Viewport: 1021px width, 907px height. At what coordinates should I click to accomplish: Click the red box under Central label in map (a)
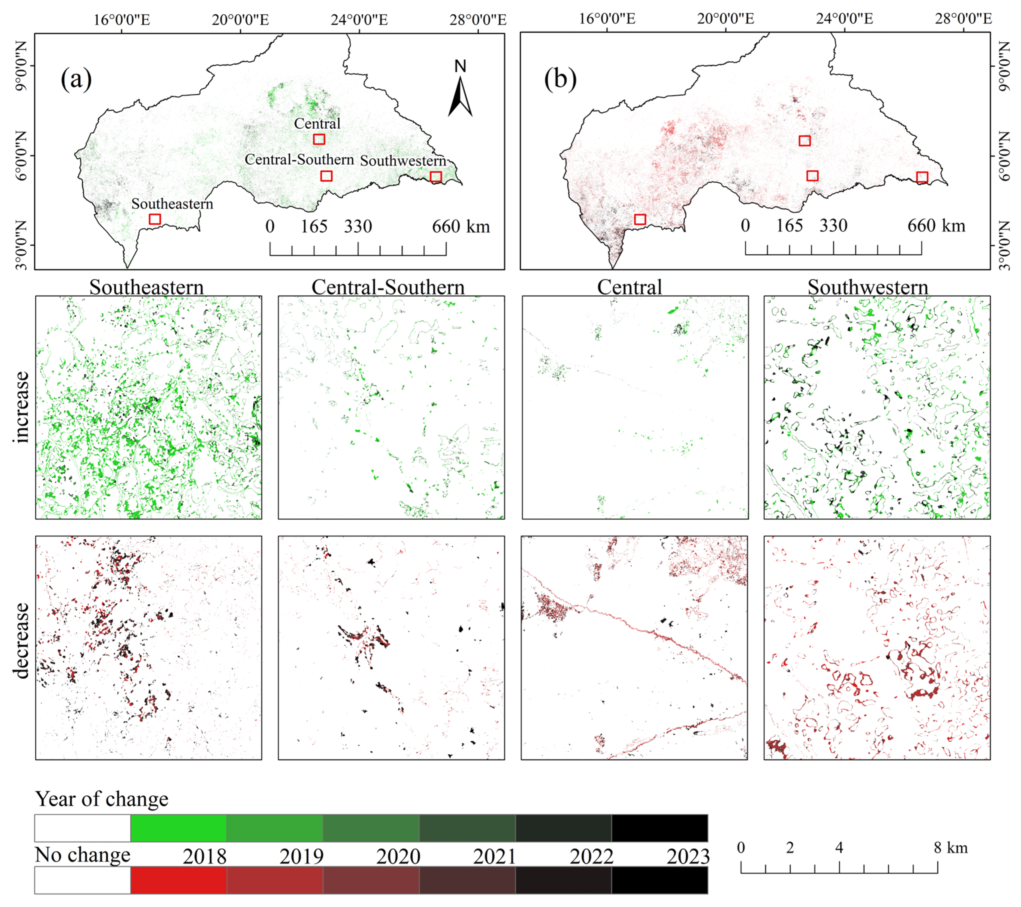pos(319,139)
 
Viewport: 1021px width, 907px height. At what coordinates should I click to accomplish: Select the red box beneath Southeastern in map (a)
pos(155,219)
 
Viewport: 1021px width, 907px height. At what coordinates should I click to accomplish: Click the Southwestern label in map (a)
pos(403,161)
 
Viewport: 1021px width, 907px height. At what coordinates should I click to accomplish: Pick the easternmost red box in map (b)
pos(922,177)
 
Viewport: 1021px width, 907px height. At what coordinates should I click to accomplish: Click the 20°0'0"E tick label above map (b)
pos(725,19)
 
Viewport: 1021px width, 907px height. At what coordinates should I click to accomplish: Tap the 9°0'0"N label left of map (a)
pos(21,66)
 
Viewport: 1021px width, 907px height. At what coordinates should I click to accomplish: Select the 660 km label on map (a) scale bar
pos(460,227)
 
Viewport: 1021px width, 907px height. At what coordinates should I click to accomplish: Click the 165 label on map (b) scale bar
pos(789,226)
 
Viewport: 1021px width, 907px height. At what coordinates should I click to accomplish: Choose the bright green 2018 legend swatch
pos(178,828)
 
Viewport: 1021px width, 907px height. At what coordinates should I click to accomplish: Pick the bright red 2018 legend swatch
pos(178,880)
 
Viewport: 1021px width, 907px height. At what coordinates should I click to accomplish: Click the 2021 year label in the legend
pos(494,856)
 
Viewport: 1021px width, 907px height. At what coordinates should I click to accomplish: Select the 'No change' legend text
pos(82,855)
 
